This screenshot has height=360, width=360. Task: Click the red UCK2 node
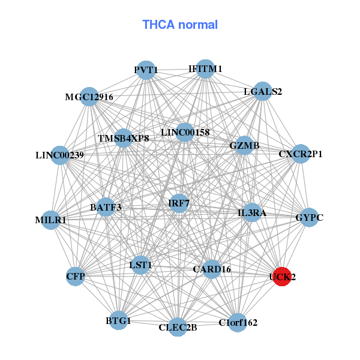point(282,277)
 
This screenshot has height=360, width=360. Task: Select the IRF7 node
point(179,203)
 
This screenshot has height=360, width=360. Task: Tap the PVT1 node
point(146,70)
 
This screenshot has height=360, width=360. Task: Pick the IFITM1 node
point(205,69)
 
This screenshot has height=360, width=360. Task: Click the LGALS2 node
point(262,92)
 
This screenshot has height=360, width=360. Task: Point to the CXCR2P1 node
point(300,154)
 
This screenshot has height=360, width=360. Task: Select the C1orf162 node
point(238,322)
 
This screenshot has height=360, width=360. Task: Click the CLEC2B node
point(178,327)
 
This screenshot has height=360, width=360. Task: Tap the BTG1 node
point(118,321)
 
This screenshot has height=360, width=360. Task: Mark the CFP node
point(76,276)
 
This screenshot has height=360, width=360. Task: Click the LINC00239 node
point(60,155)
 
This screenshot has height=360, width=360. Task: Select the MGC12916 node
point(89,97)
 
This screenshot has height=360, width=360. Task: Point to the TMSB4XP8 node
point(123,138)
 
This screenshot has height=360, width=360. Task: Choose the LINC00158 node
point(185,132)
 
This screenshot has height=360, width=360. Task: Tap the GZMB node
point(244,146)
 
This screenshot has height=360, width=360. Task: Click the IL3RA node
point(252,212)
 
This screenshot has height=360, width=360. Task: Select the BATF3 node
point(106,208)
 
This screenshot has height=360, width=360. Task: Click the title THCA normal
point(180,25)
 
